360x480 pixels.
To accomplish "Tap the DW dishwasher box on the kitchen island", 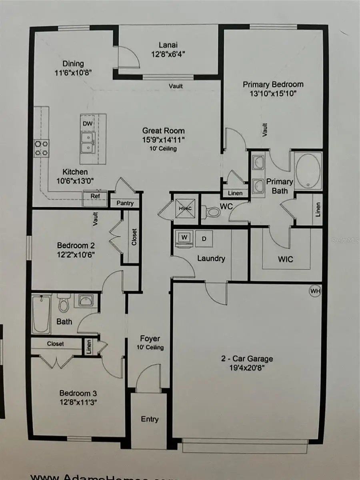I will click(88, 123).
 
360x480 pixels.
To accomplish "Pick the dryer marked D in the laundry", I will click(204, 239).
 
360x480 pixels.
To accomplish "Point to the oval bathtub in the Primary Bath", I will click(308, 171).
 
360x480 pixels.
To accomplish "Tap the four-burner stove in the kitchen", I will click(41, 148).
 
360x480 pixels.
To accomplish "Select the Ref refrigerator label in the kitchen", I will click(95, 196).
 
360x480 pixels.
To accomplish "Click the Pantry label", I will click(124, 203).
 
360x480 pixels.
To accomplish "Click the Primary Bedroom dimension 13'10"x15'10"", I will click(273, 94).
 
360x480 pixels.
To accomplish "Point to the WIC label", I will click(286, 260).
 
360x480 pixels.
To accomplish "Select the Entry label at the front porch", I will click(150, 419).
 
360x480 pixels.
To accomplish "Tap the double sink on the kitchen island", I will click(88, 143).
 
